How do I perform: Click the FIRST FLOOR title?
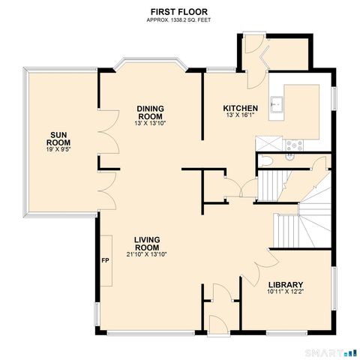pyautogui.click(x=179, y=12)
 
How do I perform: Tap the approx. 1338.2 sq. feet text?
pyautogui.click(x=179, y=20)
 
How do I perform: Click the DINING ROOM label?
pyautogui.click(x=151, y=112)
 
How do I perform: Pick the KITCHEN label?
pyautogui.click(x=241, y=109)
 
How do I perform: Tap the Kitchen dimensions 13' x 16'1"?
pyautogui.click(x=241, y=116)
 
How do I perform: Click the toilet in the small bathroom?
pyautogui.click(x=266, y=160)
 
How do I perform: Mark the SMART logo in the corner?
pyautogui.click(x=331, y=352)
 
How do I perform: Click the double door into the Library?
pyautogui.click(x=262, y=265)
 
